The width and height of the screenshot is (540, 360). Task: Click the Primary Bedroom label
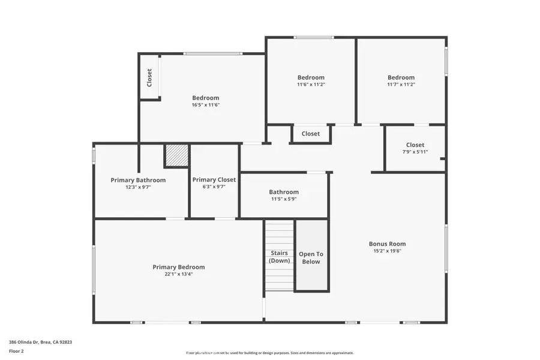coord(178,267)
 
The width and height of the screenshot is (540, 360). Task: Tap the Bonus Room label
coord(387,244)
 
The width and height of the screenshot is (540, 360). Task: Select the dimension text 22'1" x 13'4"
coord(178,274)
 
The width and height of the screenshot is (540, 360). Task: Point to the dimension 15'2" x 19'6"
coord(387,251)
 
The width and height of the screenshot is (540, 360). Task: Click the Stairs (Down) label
coord(279,257)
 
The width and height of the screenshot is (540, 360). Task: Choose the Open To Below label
coord(311,257)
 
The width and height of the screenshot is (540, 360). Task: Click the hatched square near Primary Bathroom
coord(176,156)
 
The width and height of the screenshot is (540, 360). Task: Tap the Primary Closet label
coord(214,179)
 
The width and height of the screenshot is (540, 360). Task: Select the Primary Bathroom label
coord(138,179)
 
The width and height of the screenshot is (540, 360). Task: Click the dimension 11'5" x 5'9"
coord(284,199)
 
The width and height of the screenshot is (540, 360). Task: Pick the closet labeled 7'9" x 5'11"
coord(415,148)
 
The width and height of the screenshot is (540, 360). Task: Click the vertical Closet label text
coord(149,77)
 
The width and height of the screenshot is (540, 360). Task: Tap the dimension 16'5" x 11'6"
coord(205,105)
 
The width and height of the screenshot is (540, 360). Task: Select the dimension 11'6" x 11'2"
coord(311,85)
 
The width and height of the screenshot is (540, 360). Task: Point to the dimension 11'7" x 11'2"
coord(401,85)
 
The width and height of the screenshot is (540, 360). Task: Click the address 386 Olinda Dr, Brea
coord(41,342)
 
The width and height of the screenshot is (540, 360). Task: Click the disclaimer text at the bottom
coord(269,353)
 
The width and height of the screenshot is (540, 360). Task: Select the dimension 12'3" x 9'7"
coord(138,187)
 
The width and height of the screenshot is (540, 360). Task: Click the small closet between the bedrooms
coord(311,134)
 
